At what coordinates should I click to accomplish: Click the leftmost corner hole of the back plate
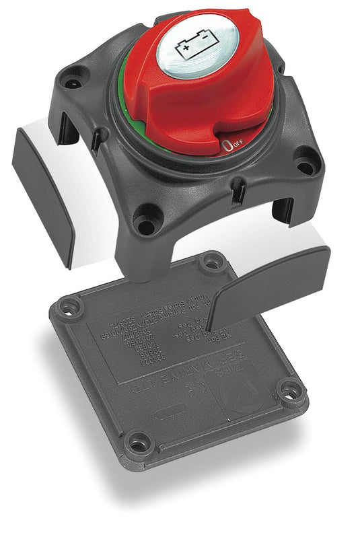click(x=68, y=307)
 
